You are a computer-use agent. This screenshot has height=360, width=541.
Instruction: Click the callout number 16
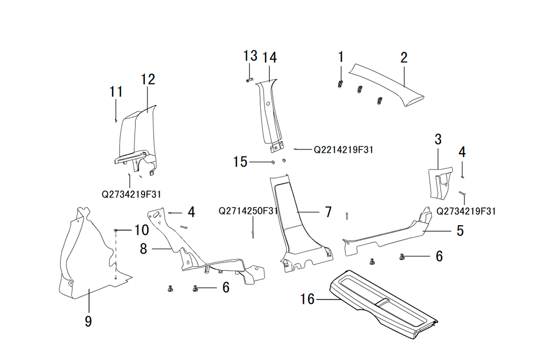click(x=307, y=299)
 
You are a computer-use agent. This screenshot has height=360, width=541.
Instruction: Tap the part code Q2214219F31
click(x=344, y=150)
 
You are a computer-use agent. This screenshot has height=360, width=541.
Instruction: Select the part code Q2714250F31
click(x=248, y=211)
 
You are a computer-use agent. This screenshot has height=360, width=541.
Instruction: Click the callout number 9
click(x=88, y=321)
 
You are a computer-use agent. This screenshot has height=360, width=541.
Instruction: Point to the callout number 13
click(x=250, y=56)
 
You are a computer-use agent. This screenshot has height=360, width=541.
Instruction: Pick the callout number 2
click(x=404, y=57)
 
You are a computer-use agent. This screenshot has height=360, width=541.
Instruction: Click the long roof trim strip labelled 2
click(x=386, y=84)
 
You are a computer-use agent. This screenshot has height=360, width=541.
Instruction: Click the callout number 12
click(x=148, y=80)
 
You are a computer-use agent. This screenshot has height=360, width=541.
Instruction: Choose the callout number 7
click(x=328, y=212)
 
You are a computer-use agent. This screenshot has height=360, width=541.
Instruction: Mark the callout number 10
click(x=141, y=230)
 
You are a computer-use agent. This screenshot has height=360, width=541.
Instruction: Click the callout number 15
click(x=240, y=162)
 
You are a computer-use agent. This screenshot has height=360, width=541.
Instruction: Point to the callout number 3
click(x=438, y=139)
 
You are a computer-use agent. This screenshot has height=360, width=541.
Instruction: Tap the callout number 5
click(x=460, y=231)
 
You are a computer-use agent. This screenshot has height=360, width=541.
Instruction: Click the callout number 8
click(x=143, y=249)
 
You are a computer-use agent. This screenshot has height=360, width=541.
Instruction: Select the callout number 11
click(x=116, y=92)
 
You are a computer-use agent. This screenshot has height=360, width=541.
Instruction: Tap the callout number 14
click(x=270, y=57)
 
